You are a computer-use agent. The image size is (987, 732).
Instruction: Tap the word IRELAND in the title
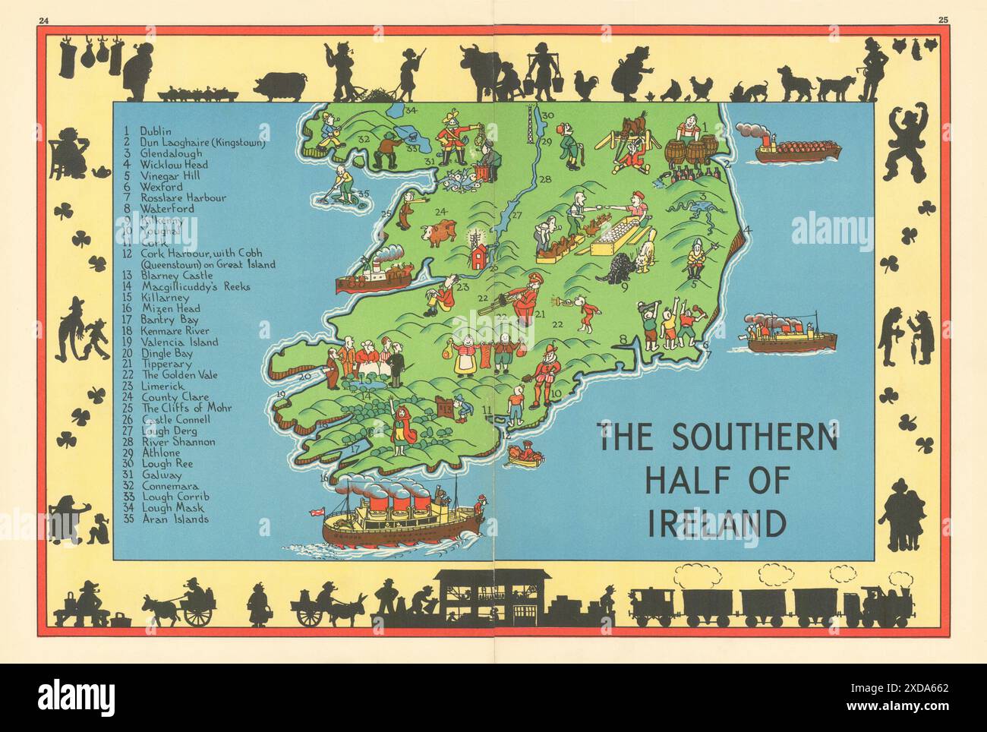click(x=716, y=523)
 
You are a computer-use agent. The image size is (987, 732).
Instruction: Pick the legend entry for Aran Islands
click(x=173, y=519)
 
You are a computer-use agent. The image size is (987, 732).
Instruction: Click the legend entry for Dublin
click(x=156, y=131)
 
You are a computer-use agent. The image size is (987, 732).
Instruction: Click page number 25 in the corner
click(x=943, y=18)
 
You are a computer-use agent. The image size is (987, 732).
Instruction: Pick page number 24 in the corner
click(x=43, y=18)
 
